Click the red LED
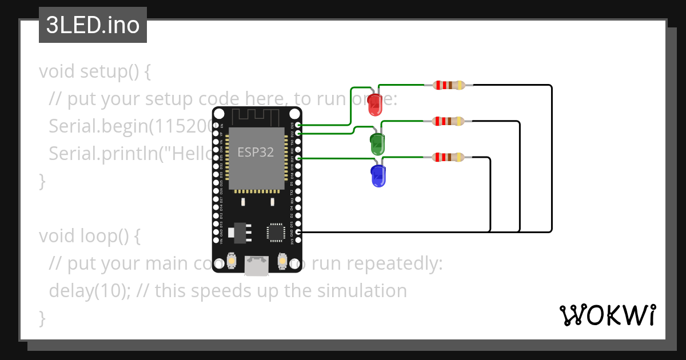(374, 103)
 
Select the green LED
(377, 143)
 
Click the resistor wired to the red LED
(449, 85)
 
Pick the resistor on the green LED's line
(449, 121)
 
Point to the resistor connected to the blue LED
(449, 157)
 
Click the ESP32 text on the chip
(256, 153)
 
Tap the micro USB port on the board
(257, 265)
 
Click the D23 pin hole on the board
(298, 125)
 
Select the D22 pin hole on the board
(298, 133)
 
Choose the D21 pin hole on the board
(298, 158)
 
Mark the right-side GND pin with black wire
(298, 232)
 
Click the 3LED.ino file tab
(93, 26)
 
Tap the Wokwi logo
(607, 315)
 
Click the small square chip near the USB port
(276, 232)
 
